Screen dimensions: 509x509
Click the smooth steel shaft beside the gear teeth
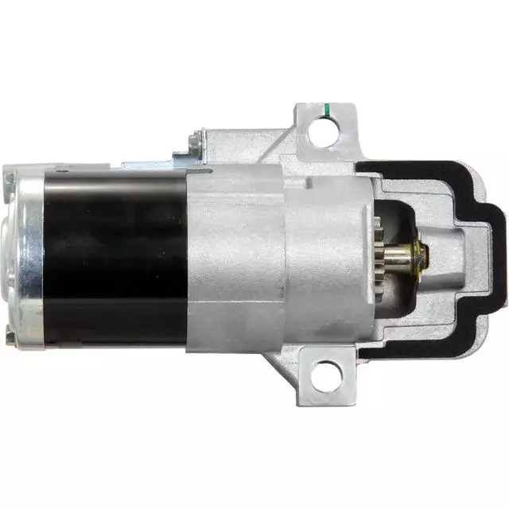406,256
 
